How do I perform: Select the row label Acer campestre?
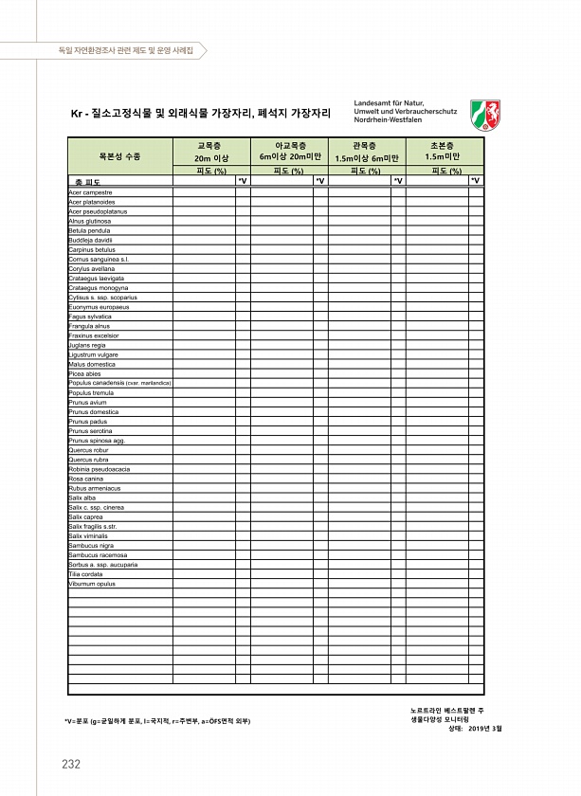pyautogui.click(x=91, y=192)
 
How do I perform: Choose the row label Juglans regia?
pyautogui.click(x=86, y=345)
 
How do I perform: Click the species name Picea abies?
pyautogui.click(x=84, y=373)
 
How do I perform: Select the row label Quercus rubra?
pyautogui.click(x=88, y=460)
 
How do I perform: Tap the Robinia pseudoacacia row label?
pyautogui.click(x=99, y=469)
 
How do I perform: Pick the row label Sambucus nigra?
pyautogui.click(x=91, y=546)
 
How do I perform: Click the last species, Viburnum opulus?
pyautogui.click(x=92, y=584)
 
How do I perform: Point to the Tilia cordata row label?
pyautogui.click(x=85, y=574)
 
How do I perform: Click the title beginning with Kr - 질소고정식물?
pyautogui.click(x=200, y=114)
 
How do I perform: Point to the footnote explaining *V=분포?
pyautogui.click(x=157, y=721)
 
